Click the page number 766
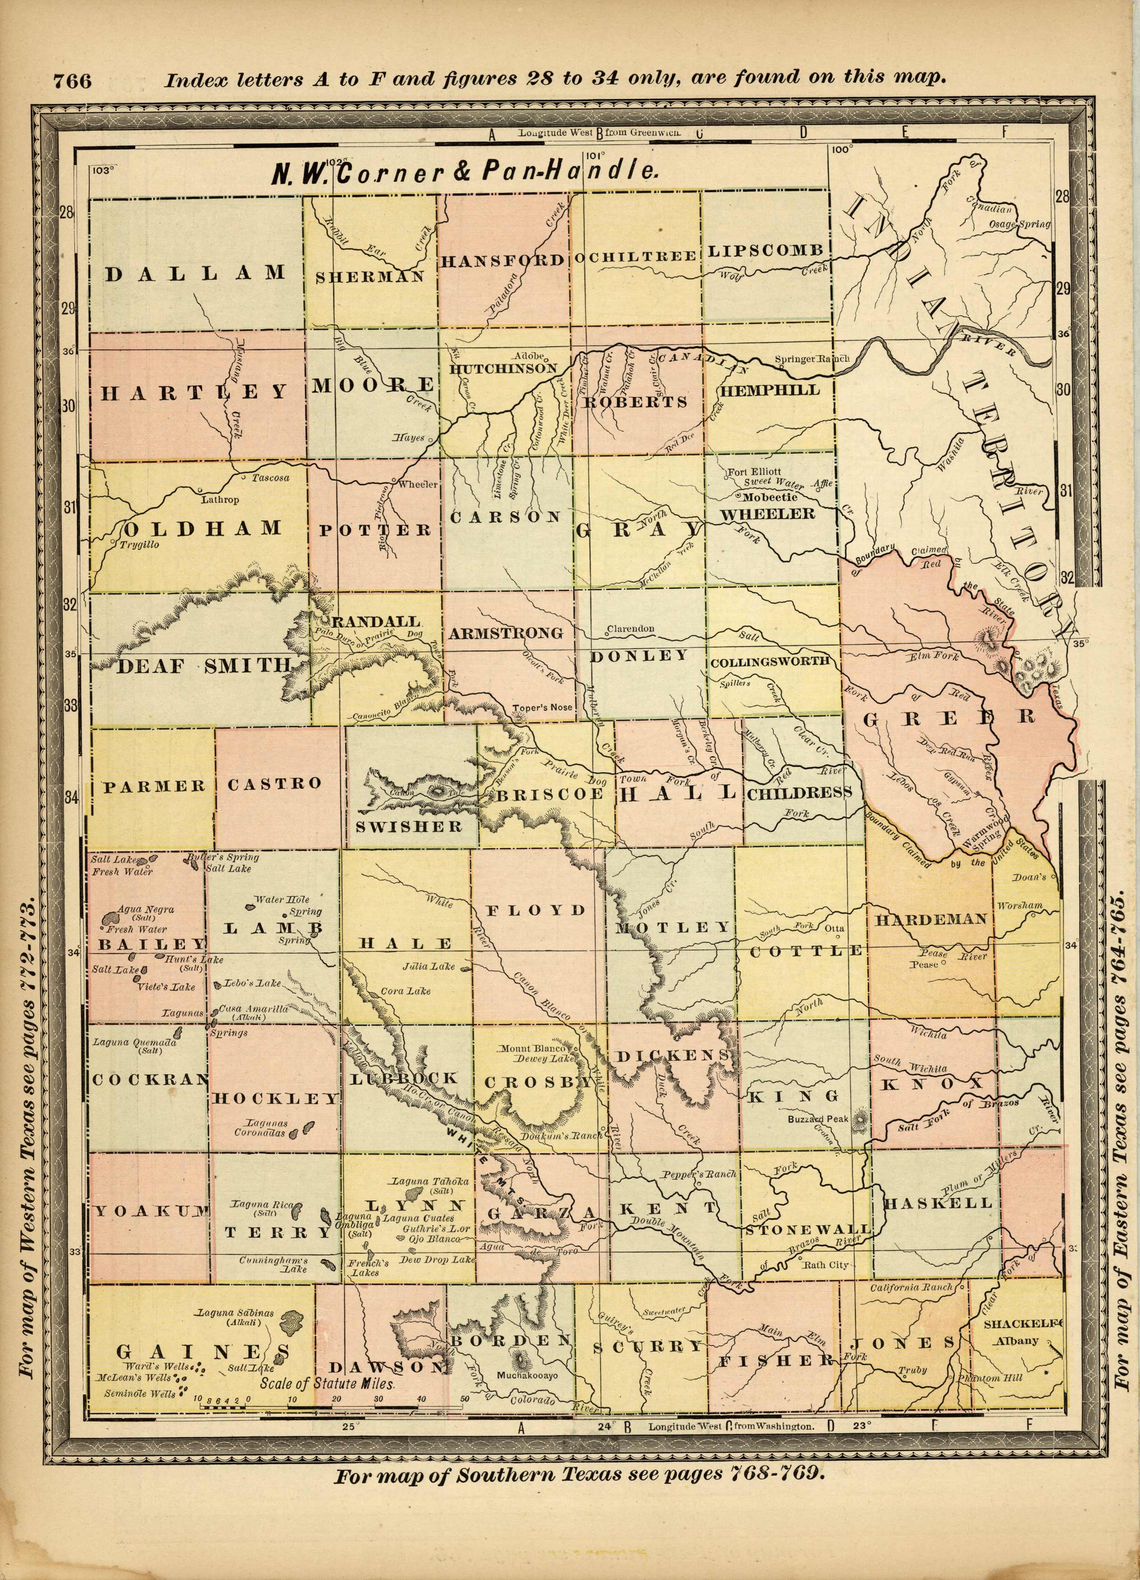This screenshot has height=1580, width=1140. pos(72,81)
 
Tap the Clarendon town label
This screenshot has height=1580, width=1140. pos(631,628)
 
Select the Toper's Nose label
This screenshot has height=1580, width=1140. pos(542,707)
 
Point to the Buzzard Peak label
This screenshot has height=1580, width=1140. pos(818,1119)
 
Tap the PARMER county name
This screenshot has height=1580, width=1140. pos(155,786)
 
